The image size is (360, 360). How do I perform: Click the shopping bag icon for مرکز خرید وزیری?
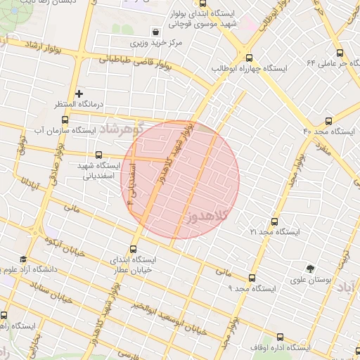(x=155, y=32)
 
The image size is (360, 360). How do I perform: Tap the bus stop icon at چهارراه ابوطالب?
(x=248, y=58)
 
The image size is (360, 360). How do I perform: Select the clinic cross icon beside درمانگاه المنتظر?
(x=79, y=93)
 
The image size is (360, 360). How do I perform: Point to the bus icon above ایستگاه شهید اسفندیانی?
(x=98, y=155)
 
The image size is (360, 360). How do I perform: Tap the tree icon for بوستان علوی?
(x=310, y=268)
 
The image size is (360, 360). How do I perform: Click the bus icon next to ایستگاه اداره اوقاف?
(x=281, y=337)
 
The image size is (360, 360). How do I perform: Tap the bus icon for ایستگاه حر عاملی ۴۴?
(x=340, y=53)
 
